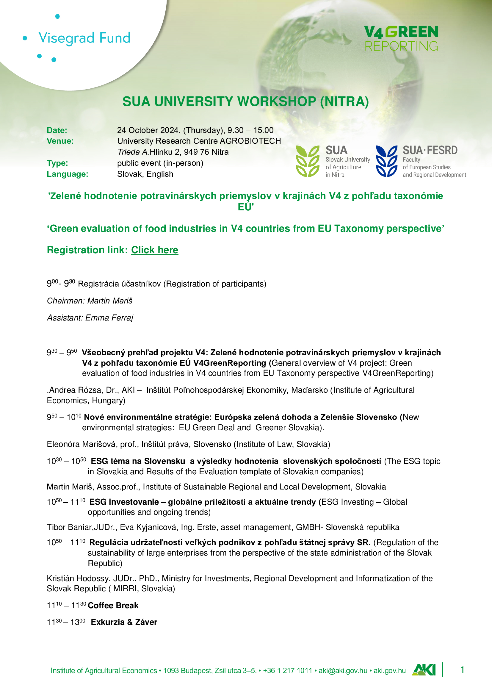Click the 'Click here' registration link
click(154, 250)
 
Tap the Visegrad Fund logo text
click(84, 38)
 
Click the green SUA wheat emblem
click(307, 161)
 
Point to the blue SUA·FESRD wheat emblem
click(386, 161)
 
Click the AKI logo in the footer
click(424, 670)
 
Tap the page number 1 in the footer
click(462, 670)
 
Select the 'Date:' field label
click(57, 130)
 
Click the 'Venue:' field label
click(60, 141)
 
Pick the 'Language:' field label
click(67, 174)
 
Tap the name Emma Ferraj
click(109, 318)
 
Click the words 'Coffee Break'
click(113, 605)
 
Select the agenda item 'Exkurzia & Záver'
click(124, 622)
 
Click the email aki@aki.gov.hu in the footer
click(343, 670)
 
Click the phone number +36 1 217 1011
click(288, 670)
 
